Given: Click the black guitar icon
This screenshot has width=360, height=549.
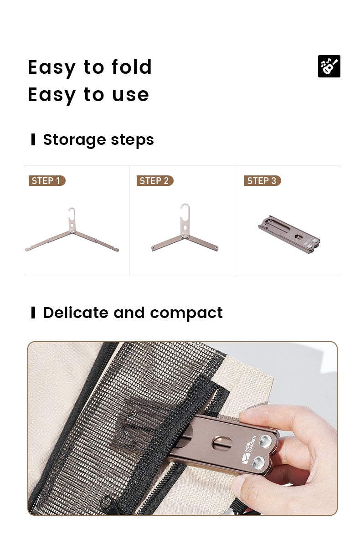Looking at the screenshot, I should [329, 67].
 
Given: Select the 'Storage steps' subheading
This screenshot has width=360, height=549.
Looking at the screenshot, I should [98, 140].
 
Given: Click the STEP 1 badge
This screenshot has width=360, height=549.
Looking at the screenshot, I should [47, 181].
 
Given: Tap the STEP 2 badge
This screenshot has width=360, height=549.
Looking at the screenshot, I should [155, 181].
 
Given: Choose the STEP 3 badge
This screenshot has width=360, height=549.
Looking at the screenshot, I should [262, 181].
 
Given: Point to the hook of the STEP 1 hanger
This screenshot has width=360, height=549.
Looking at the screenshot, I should [72, 212].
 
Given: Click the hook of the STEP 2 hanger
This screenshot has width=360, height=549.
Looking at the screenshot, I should [185, 209].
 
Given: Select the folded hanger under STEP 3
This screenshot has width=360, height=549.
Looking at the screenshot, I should [289, 234].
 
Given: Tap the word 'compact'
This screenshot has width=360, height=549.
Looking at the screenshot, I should [186, 313].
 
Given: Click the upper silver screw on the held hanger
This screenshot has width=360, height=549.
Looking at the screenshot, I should [265, 441].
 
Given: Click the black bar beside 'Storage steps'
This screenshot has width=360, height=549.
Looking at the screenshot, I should [33, 139].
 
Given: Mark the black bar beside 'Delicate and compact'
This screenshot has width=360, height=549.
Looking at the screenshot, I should [33, 313].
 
